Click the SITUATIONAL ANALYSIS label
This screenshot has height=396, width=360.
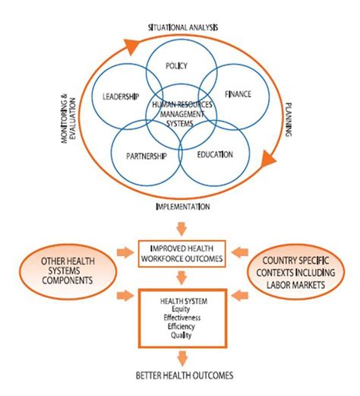(x=183, y=27)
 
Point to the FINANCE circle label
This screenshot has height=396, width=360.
(x=238, y=95)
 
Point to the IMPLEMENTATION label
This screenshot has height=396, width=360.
(x=180, y=206)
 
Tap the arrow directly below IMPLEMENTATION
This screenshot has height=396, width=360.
(x=180, y=226)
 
